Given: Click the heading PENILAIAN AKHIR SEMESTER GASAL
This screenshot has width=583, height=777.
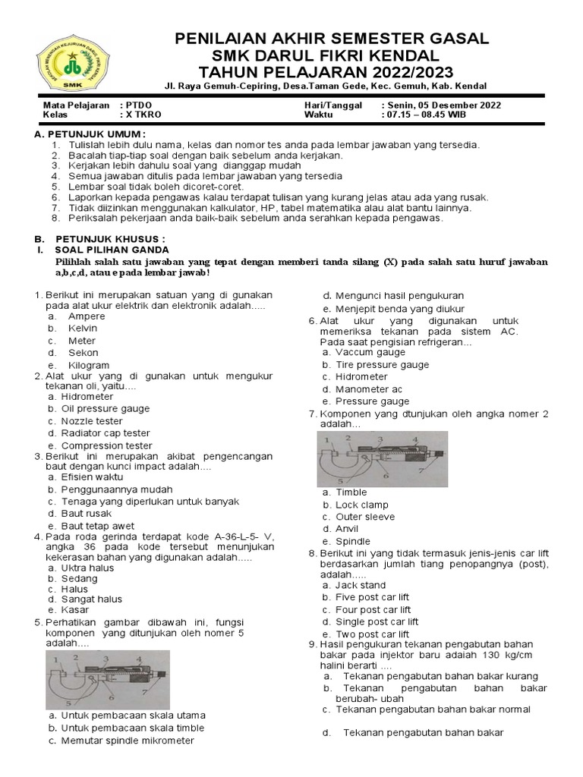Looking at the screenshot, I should [332, 39].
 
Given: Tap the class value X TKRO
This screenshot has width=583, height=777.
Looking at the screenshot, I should [140, 115].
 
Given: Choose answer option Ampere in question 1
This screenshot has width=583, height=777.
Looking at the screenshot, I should [87, 316].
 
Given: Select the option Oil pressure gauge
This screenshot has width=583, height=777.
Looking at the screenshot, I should [106, 409].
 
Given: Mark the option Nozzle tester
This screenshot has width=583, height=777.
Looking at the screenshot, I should [92, 421].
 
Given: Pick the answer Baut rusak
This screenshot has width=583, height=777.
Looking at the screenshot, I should [86, 514].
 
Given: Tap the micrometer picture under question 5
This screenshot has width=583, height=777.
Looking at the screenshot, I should [107, 679].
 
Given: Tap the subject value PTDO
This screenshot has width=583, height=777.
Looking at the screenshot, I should [137, 105].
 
